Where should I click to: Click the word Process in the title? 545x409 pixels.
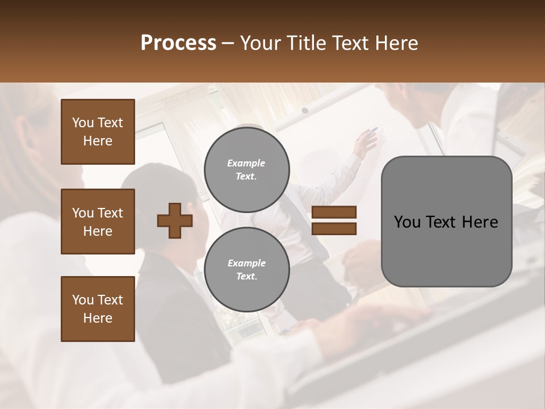178,43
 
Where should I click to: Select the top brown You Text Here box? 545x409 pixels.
98,132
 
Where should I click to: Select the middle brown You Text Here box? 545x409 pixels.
98,222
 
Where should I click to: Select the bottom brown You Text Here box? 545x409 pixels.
98,309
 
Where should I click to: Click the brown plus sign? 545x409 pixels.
175,220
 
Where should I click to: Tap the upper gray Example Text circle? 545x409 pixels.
247,170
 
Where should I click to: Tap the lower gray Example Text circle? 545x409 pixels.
247,270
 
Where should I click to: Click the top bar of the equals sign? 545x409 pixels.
334,212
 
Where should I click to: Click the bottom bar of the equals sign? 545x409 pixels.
334,228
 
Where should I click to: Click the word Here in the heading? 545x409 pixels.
397,43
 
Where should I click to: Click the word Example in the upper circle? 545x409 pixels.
246,163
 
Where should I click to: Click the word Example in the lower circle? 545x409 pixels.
246,263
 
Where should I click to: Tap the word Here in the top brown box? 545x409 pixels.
98,141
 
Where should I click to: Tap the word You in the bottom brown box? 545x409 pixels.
83,300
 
